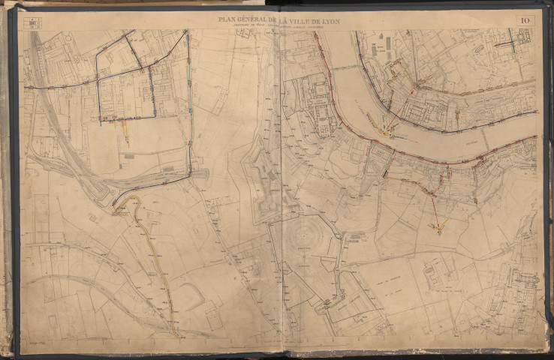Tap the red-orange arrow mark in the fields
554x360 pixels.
tap(438, 223)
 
